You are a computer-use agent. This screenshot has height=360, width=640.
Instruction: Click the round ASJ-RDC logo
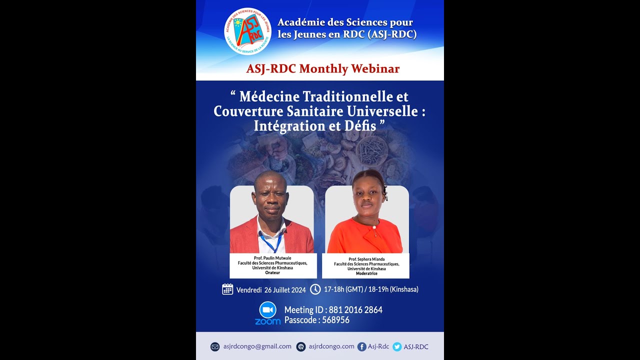tap(247, 31)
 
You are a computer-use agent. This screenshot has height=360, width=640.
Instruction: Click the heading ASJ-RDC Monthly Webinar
tap(322, 69)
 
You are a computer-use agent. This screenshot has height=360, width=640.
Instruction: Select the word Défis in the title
tap(360, 126)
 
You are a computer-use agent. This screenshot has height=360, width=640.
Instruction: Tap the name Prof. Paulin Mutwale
tap(272, 257)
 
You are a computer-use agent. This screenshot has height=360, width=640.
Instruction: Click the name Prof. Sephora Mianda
tap(366, 259)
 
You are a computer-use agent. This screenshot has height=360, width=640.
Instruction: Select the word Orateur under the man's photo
tap(272, 272)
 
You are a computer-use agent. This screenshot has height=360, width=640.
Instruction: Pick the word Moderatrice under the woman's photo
tap(366, 273)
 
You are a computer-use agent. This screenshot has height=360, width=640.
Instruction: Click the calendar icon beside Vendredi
tap(227, 289)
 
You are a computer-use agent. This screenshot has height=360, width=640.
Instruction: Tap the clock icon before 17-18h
tap(315, 289)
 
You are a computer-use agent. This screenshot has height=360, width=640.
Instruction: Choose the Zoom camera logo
tap(267, 310)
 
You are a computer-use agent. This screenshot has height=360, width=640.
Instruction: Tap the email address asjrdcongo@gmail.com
tap(257, 346)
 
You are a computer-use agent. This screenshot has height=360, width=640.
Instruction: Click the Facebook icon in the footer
tap(361, 346)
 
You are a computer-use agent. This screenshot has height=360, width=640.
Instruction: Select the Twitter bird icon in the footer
tap(397, 346)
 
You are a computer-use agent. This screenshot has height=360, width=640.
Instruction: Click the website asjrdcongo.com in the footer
tap(331, 346)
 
